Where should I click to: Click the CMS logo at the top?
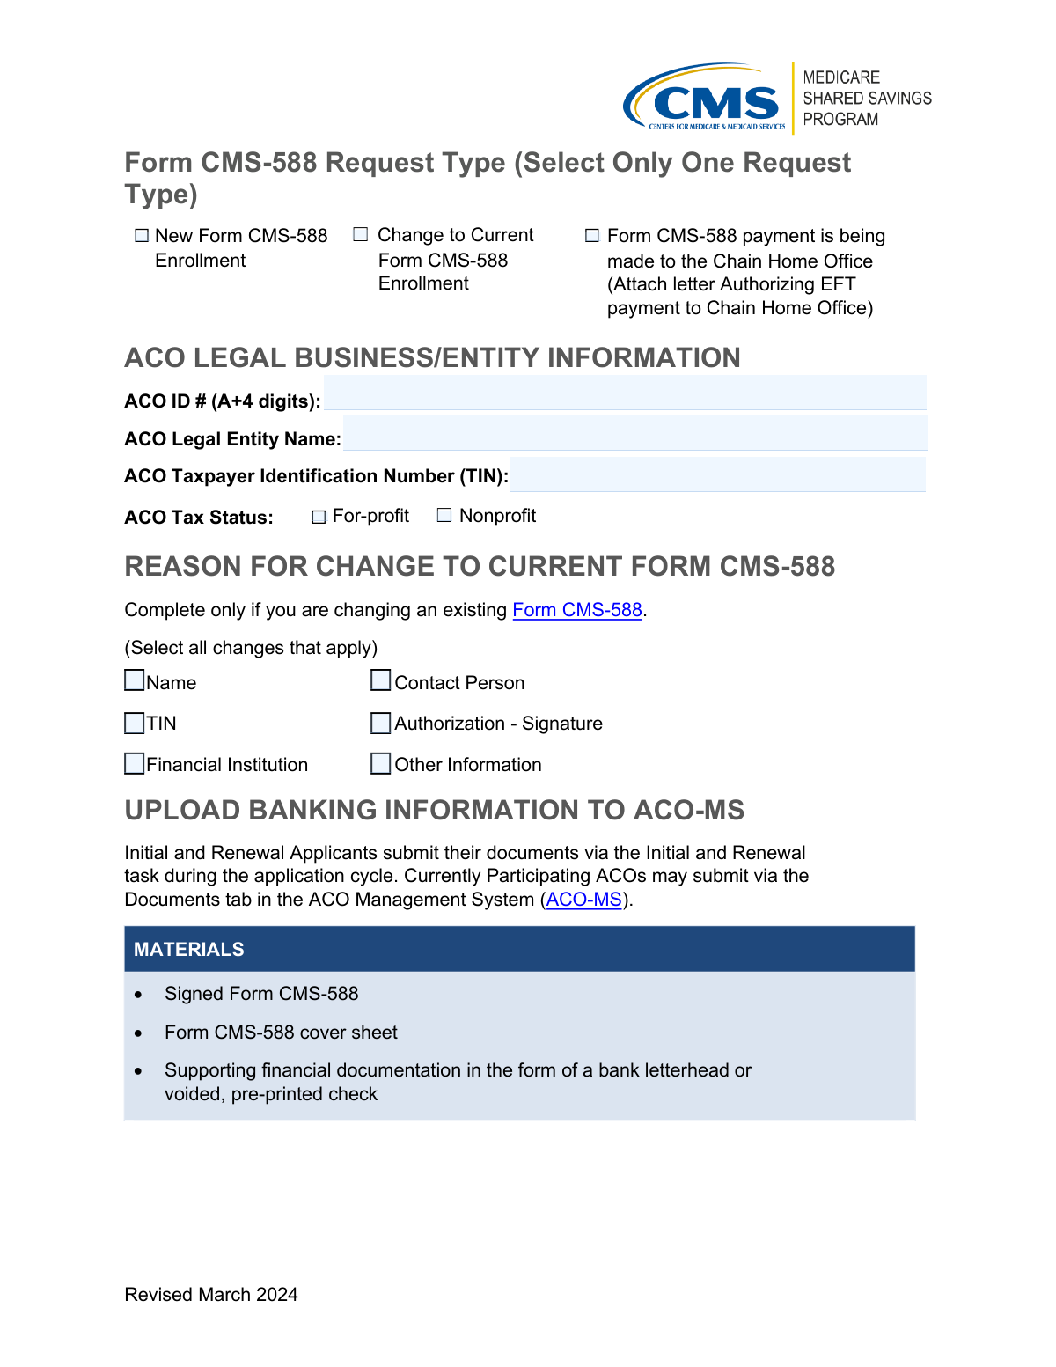(x=704, y=98)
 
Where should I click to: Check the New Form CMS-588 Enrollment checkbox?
(x=142, y=236)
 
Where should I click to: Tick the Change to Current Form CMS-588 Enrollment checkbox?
(x=361, y=234)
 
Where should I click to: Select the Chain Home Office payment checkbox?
(x=592, y=236)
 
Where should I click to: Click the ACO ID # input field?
(x=625, y=393)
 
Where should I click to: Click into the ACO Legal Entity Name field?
(x=635, y=433)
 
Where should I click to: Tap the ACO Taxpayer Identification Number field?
(x=717, y=474)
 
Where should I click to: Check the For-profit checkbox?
(x=319, y=517)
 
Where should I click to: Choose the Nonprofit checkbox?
(x=444, y=516)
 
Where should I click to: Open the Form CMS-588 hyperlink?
(x=577, y=610)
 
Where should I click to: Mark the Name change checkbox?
(x=135, y=680)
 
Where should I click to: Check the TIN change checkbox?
(x=135, y=723)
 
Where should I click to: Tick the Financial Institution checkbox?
(x=135, y=763)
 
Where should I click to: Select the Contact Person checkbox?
(x=380, y=680)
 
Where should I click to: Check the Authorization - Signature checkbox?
(x=380, y=723)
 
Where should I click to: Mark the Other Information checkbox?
(x=380, y=763)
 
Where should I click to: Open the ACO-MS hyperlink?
(x=584, y=900)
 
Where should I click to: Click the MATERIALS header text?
(x=189, y=950)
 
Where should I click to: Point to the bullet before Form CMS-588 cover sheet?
(x=138, y=1033)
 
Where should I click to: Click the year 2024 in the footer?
(x=277, y=1295)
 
